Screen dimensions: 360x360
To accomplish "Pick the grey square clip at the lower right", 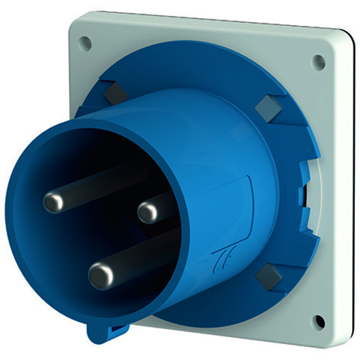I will click(269, 273).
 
